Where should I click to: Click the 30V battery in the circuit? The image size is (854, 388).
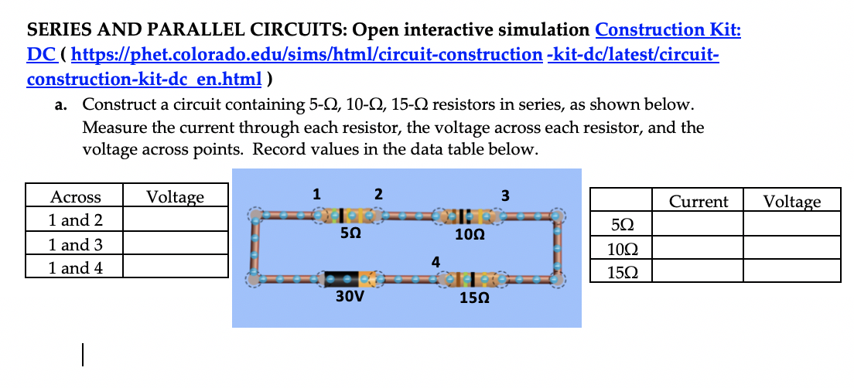(x=347, y=277)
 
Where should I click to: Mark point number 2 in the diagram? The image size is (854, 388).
(x=377, y=193)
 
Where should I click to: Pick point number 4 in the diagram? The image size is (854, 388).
(x=436, y=261)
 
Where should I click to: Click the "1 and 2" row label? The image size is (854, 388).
(x=75, y=220)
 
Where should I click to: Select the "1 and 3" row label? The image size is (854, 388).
(x=75, y=245)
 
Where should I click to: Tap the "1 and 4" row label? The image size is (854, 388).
(x=75, y=268)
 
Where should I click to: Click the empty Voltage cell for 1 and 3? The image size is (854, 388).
(x=176, y=245)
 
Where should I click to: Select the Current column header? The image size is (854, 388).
(x=698, y=202)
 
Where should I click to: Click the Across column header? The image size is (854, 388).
(x=75, y=197)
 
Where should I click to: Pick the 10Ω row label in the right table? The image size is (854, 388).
(x=620, y=249)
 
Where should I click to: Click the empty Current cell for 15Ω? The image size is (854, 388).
(x=698, y=272)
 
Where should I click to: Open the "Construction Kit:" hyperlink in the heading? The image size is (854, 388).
(x=668, y=30)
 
